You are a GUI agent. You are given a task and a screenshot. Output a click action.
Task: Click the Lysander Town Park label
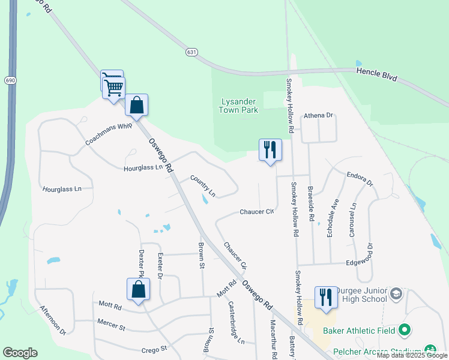[x=238, y=105]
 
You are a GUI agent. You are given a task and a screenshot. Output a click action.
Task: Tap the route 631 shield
[x=191, y=52]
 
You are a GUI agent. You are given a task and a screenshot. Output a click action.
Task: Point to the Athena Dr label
[x=318, y=115]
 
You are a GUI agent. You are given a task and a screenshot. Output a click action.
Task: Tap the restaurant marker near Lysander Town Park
[x=270, y=149]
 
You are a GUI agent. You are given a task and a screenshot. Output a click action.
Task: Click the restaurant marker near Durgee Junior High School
[x=326, y=297]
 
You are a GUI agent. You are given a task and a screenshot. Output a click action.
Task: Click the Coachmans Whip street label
[x=109, y=134]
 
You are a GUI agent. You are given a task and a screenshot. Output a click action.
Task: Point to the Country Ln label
[x=203, y=185]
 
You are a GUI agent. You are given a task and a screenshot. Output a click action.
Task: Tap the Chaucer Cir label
[x=256, y=212]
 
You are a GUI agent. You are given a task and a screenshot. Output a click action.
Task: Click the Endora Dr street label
[x=360, y=179]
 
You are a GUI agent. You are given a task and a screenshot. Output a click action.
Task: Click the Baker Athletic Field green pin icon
[x=405, y=329]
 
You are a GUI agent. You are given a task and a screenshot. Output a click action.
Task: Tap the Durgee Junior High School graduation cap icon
[x=396, y=293]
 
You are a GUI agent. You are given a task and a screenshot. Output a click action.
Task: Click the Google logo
[x=20, y=353]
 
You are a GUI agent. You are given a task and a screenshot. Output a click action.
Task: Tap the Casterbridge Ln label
[x=236, y=322]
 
